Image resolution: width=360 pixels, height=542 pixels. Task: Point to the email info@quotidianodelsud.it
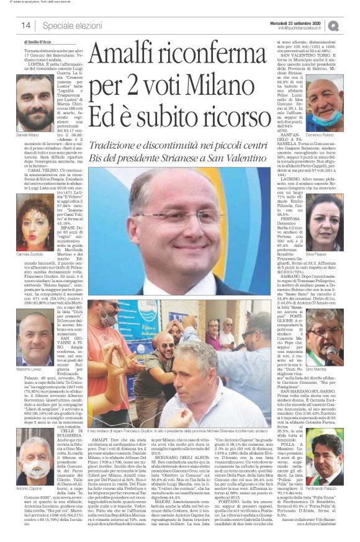pos(302,28)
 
